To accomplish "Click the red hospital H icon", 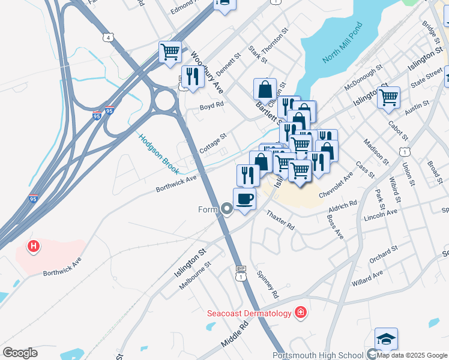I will (x=34, y=246).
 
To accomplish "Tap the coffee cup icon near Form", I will (x=244, y=198).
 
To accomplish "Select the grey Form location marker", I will (x=227, y=209).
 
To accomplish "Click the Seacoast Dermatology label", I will (x=249, y=313).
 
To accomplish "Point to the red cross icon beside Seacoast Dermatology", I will (x=300, y=313).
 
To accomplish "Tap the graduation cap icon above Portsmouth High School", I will (x=386, y=338).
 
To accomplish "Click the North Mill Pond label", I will (x=343, y=44).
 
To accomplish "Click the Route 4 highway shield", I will (x=108, y=37).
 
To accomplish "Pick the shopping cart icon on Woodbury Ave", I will (x=170, y=52).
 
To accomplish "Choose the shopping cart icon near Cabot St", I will (x=389, y=97).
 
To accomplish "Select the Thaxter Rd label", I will (x=280, y=220).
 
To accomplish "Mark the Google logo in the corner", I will (x=20, y=353).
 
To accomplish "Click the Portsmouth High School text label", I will (x=318, y=355).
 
